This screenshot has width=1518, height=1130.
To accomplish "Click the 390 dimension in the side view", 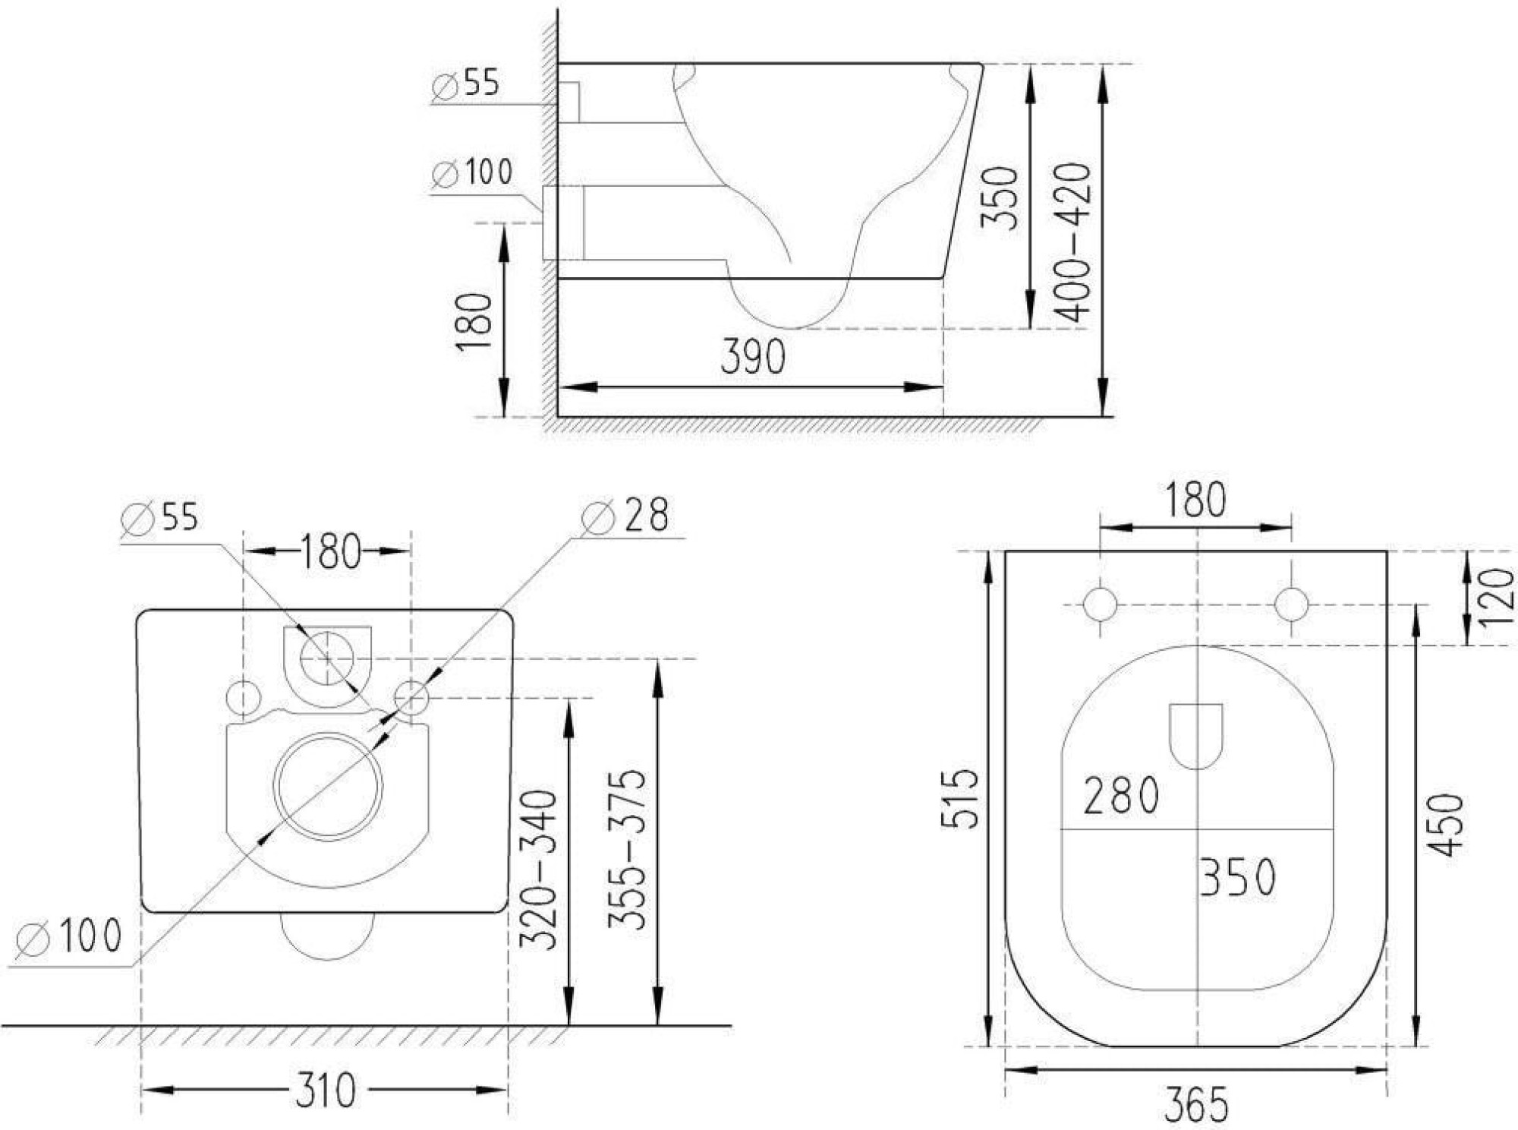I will pos(752,357).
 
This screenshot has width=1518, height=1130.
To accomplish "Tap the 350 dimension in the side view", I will pos(999,197).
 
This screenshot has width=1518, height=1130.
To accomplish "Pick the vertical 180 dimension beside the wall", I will pos(474,322).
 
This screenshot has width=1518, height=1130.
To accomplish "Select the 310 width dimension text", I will pos(325,1091).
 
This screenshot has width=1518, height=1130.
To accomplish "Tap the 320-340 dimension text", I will pos(538,870).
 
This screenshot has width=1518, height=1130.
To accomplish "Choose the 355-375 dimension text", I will pos(627,849).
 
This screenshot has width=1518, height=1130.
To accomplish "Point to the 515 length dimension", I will pos(960,798).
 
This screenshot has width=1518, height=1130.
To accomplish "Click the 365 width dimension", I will pos(1196,1104).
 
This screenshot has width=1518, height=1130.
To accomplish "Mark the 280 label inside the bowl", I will pos(1121,796).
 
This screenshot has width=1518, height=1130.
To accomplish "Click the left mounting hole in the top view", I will pos(1100,604).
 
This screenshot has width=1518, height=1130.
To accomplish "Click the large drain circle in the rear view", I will pos(328,786).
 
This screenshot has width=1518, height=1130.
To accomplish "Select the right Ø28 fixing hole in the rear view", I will pos(411,697).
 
